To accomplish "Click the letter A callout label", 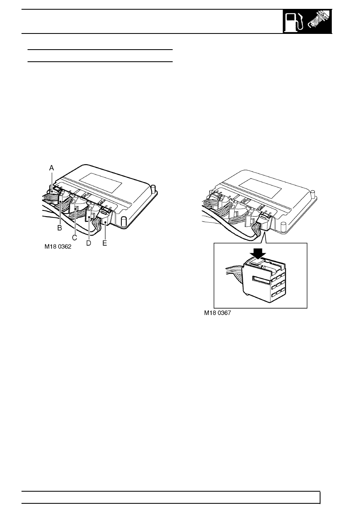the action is (52, 168).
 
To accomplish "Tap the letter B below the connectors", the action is (60, 228).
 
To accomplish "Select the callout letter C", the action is (75, 238).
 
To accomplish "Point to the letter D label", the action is (89, 243).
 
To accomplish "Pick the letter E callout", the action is (104, 243).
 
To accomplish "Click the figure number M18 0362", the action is (58, 247).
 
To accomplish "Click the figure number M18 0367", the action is (218, 313).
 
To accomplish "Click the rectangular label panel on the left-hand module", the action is (100, 184).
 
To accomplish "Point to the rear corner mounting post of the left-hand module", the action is (154, 189).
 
